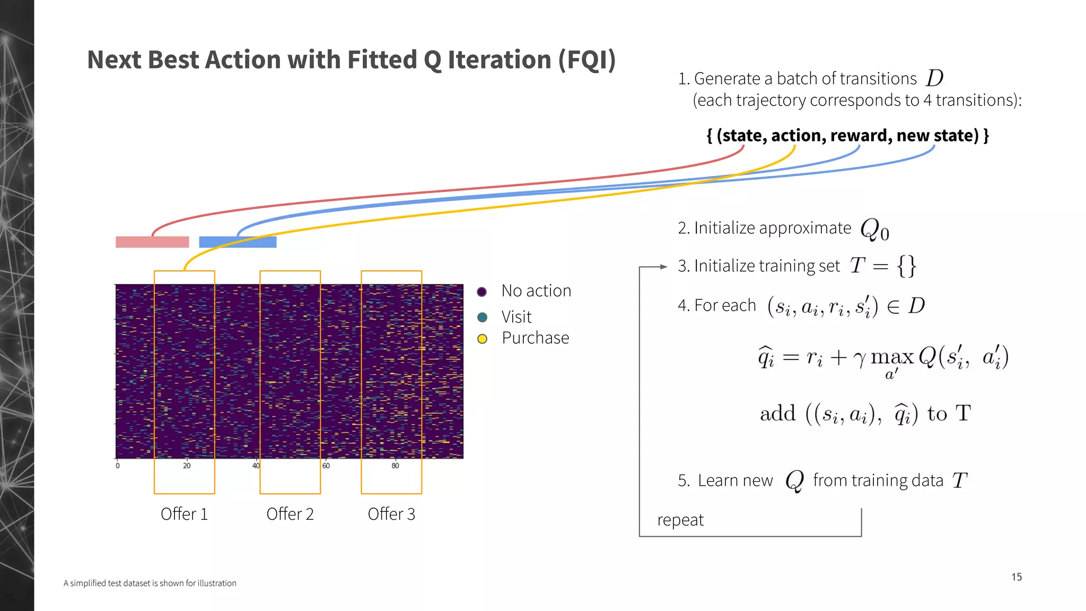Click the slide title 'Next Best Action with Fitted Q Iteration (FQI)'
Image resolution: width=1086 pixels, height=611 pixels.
351,59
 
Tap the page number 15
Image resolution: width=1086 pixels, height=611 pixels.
1016,577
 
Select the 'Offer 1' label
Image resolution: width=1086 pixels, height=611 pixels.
184,514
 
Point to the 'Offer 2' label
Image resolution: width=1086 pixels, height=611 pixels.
290,514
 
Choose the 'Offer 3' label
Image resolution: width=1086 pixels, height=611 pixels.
391,514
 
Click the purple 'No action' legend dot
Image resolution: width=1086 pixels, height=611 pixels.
482,292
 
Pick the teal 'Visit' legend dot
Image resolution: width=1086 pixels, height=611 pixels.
482,317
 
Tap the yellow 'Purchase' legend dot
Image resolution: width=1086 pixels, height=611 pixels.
482,339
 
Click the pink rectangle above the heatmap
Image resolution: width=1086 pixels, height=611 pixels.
152,242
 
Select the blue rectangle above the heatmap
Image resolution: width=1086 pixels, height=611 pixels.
238,242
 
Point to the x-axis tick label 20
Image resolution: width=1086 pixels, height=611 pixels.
187,466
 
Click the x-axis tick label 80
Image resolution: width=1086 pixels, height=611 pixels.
395,466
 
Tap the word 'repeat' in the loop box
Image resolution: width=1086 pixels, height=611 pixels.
680,520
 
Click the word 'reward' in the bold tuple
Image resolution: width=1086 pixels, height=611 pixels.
861,136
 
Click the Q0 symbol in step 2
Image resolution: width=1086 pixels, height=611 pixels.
874,230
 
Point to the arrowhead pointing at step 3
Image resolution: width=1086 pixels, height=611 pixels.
663,267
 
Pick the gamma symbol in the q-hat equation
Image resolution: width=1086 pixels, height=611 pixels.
859,360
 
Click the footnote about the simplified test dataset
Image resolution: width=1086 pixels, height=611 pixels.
150,583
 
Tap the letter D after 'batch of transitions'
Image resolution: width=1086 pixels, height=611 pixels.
935,78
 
